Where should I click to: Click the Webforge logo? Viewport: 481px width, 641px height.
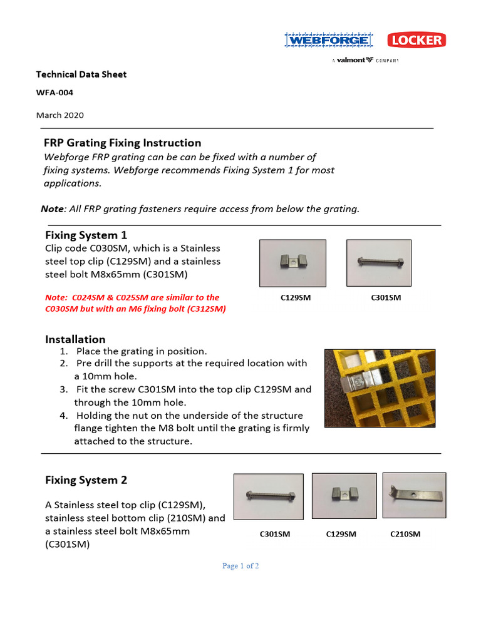pos(328,41)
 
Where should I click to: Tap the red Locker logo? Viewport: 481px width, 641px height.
pos(416,41)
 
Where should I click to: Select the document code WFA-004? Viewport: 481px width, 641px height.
pos(54,93)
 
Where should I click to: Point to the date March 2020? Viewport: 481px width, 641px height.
pos(59,115)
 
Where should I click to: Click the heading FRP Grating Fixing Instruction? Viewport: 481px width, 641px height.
pos(123,143)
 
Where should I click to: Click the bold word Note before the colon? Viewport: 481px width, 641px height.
pos(53,209)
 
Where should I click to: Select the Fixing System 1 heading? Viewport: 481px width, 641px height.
pos(86,235)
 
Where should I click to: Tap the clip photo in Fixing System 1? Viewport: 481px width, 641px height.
pos(295,263)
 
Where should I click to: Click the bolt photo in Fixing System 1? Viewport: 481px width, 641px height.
pos(379,263)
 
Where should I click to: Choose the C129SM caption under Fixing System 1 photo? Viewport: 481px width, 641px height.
pos(295,298)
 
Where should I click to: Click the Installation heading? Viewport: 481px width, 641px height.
pos(75,339)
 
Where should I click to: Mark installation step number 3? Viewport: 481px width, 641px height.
pos(63,389)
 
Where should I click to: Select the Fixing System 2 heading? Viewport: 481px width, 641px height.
pos(86,480)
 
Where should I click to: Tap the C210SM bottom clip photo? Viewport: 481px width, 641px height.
pos(414,495)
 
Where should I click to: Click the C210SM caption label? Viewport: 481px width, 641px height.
pos(405,534)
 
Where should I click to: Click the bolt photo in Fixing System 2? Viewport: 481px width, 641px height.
pos(268,496)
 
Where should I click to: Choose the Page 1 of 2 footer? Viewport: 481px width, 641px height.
pos(240,566)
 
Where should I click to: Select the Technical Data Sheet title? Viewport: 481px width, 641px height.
pos(81,74)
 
